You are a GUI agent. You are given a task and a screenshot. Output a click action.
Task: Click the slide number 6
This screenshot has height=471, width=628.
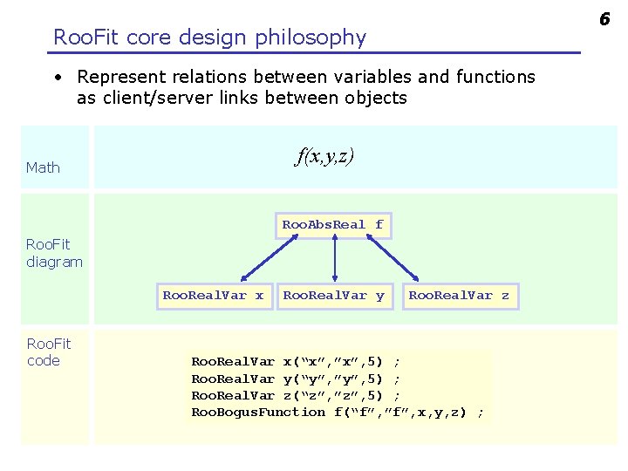click(x=603, y=17)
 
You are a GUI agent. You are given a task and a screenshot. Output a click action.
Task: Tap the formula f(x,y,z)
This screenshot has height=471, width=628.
click(x=324, y=156)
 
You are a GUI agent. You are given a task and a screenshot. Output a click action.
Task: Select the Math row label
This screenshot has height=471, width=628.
click(x=43, y=167)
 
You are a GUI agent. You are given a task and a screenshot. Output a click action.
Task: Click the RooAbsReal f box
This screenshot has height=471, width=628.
click(x=332, y=225)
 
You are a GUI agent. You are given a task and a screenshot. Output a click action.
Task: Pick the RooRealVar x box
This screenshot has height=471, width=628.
click(x=213, y=296)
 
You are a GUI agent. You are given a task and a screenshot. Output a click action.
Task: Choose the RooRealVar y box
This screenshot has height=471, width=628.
click(x=334, y=296)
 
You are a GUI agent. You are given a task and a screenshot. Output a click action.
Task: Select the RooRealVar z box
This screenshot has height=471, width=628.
click(x=459, y=296)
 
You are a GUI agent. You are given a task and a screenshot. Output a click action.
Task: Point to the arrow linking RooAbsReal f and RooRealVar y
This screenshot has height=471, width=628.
click(x=335, y=260)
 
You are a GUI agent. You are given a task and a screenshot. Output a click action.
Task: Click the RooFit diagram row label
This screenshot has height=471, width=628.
click(x=54, y=253)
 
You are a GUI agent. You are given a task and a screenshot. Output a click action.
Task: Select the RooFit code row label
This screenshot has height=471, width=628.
click(x=49, y=352)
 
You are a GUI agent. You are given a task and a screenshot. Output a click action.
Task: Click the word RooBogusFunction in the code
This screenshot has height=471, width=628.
click(x=258, y=413)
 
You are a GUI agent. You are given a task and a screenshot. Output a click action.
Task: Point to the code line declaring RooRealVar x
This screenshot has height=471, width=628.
click(x=297, y=360)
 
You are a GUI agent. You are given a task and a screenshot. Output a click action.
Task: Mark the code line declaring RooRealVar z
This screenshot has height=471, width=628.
click(x=297, y=395)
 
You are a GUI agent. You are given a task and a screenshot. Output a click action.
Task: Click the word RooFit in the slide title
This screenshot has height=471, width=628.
click(x=87, y=38)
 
